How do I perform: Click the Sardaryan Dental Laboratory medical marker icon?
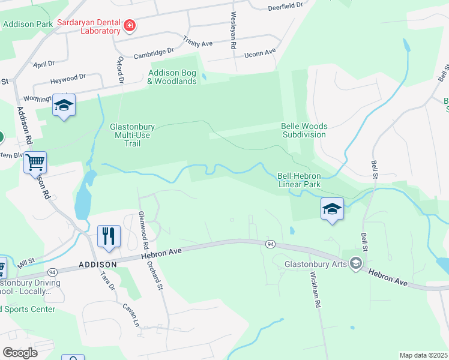pyautogui.click(x=129, y=26)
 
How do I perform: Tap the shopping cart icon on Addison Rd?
pyautogui.click(x=35, y=161)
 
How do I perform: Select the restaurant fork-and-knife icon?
pyautogui.click(x=109, y=235)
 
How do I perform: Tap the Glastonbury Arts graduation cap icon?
pyautogui.click(x=356, y=263)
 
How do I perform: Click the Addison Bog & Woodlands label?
pyautogui.click(x=172, y=77)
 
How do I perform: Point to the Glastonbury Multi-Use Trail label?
pyautogui.click(x=133, y=135)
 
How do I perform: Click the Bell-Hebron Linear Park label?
pyautogui.click(x=299, y=180)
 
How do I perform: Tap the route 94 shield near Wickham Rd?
pyautogui.click(x=271, y=244)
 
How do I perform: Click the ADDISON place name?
pyautogui.click(x=97, y=265)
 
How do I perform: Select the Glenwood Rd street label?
pyautogui.click(x=143, y=230)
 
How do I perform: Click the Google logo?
pyautogui.click(x=20, y=353)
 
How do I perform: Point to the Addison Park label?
pyautogui.click(x=28, y=24)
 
